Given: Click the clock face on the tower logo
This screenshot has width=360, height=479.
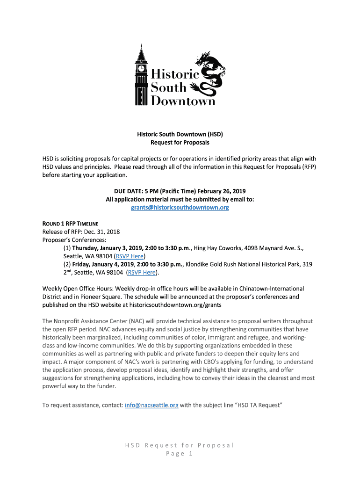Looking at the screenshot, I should [x=141, y=68].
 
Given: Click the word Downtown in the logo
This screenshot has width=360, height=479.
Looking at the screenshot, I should [x=183, y=100].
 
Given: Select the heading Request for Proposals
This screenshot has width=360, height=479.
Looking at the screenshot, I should [x=180, y=142].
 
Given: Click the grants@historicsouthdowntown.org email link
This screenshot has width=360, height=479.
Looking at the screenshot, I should [x=180, y=208].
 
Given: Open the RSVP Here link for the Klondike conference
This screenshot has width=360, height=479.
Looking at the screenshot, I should [x=142, y=273].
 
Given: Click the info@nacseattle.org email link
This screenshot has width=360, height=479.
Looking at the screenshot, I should [x=151, y=405].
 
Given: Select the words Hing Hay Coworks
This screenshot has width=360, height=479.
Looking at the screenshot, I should [x=217, y=248].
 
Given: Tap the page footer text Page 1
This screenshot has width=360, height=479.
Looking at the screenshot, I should [x=180, y=454].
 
